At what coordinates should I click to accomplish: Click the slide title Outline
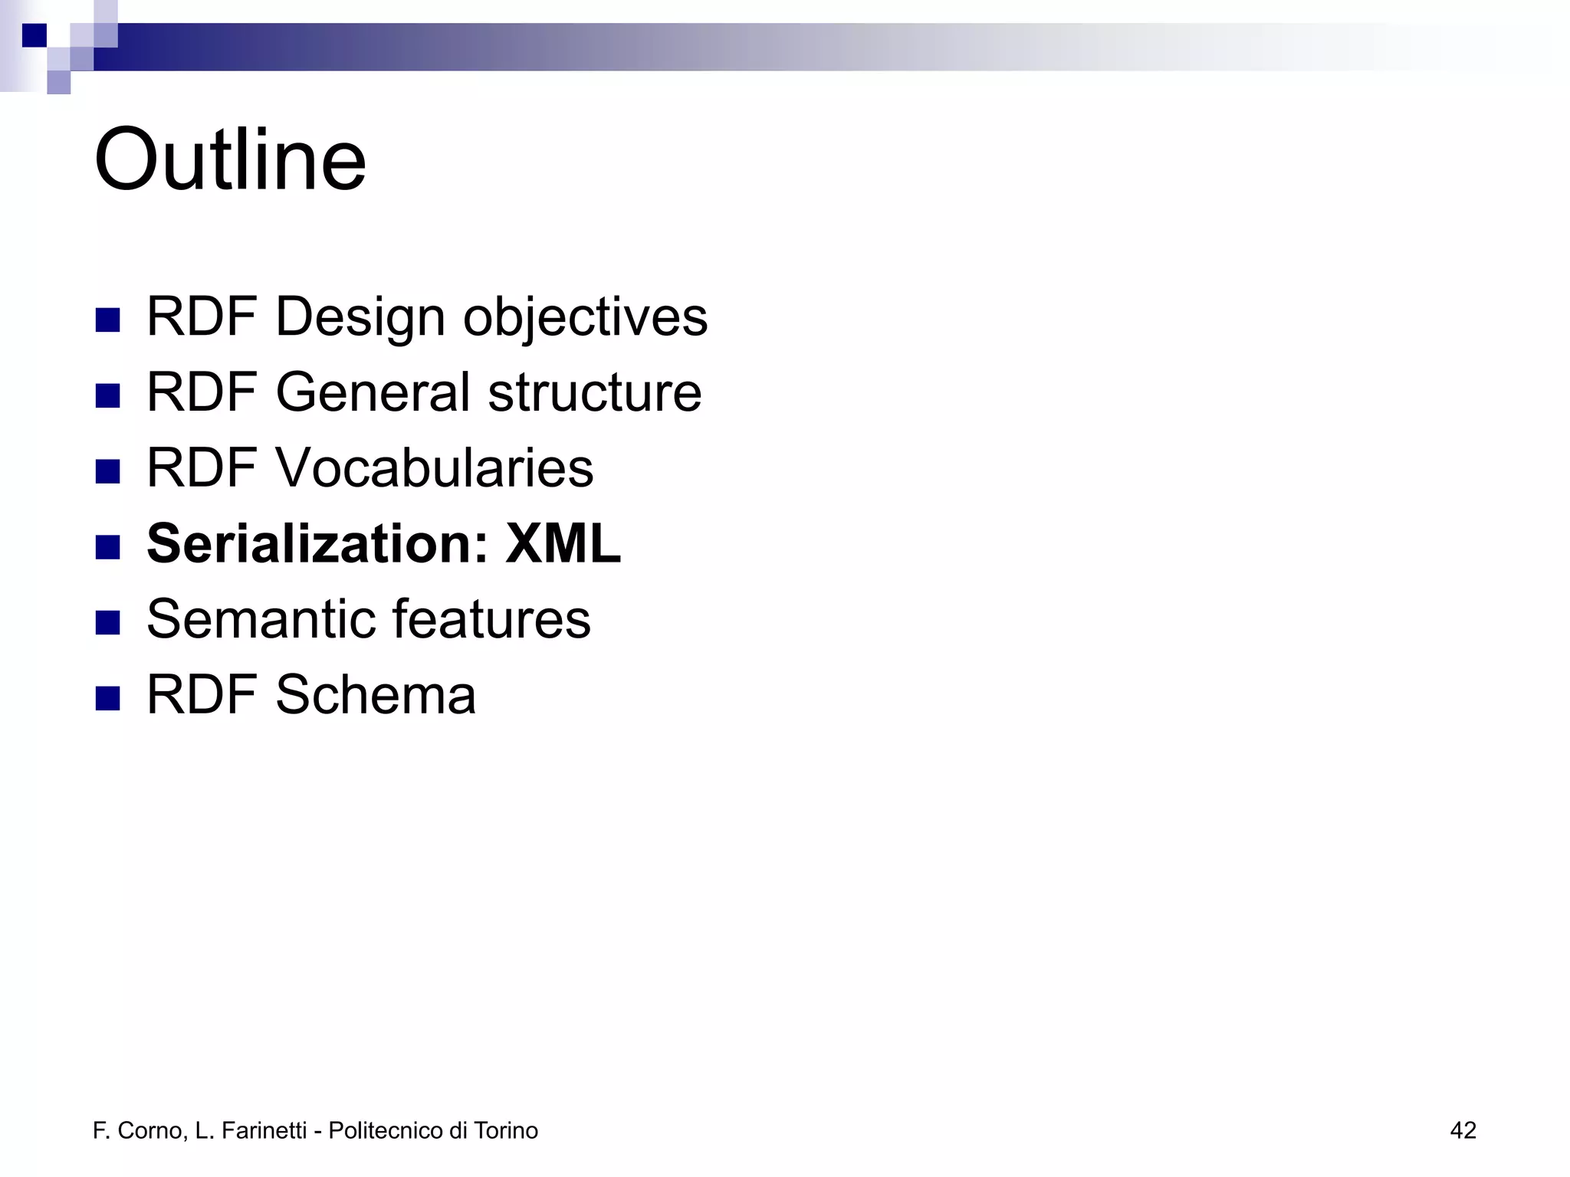[230, 161]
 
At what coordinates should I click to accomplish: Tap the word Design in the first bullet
[360, 316]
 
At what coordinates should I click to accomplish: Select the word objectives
[585, 316]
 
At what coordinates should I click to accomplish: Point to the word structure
[594, 392]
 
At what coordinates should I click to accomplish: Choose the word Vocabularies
[434, 467]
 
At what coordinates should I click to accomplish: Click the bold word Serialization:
[317, 543]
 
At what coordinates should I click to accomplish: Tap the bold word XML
[563, 543]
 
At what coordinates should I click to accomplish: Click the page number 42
[1463, 1130]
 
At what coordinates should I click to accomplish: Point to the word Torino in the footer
[505, 1130]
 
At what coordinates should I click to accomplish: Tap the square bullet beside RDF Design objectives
[108, 320]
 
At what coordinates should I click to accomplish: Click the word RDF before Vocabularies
[201, 467]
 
